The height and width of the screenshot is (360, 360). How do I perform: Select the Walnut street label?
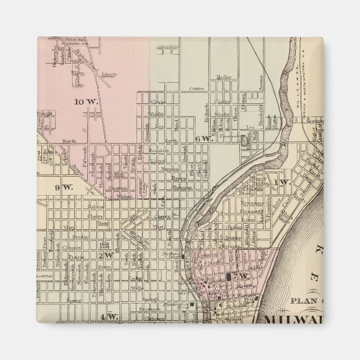point(124,196)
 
